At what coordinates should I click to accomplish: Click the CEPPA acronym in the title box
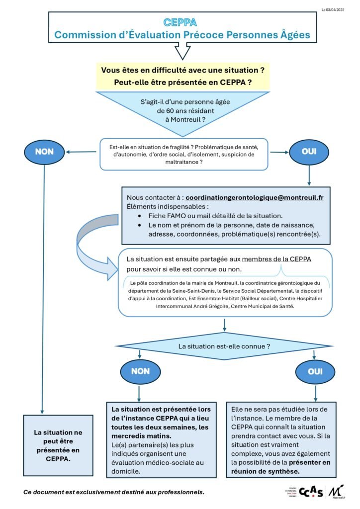tap(180, 22)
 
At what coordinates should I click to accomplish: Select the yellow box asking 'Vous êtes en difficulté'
tap(182, 76)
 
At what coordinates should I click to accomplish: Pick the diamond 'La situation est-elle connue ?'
tap(224, 345)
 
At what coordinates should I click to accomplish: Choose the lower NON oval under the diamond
tap(140, 371)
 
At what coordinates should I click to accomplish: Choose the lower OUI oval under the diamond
tap(315, 371)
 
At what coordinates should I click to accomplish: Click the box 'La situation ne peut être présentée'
tap(59, 439)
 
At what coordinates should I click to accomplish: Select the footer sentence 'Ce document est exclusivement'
tap(114, 492)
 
